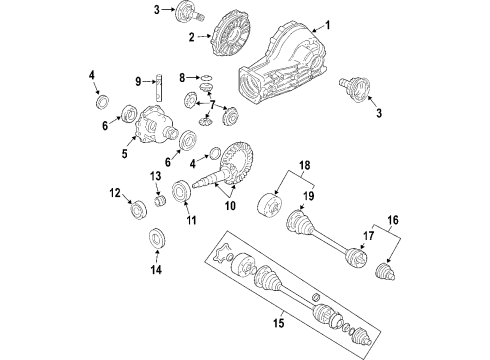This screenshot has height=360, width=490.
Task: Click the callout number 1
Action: pos(328,25)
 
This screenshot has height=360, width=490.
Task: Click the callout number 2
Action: pos(191,37)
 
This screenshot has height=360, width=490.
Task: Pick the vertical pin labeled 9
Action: pos(159,87)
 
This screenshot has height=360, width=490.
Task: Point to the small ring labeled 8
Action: pos(207,78)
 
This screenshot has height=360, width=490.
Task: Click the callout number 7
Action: pos(213,104)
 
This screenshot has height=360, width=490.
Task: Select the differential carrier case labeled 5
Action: pos(154,124)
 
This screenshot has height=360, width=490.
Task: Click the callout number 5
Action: pos(124,154)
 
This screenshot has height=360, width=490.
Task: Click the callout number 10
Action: pos(230,206)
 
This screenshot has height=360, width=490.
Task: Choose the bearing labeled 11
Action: pos(181,191)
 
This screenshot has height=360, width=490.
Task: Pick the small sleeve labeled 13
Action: pos(161,201)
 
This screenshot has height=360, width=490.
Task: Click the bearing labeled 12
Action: pos(138,210)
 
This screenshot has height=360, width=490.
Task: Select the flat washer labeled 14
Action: pos(157,238)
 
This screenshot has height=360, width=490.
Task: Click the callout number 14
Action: pos(156,269)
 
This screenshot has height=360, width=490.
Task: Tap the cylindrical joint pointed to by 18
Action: pos(269,205)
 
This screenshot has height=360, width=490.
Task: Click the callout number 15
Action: pos(279,323)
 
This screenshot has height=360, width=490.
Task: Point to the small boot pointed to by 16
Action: pos(385,272)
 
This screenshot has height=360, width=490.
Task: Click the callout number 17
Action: pos(369,236)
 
